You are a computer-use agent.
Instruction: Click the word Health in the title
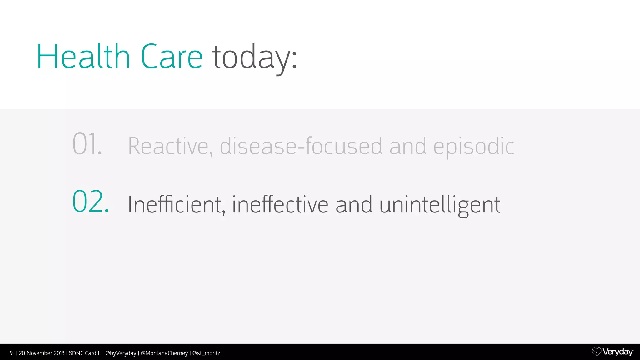click(x=83, y=57)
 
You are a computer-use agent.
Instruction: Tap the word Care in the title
click(x=172, y=57)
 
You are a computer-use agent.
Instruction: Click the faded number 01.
click(x=87, y=144)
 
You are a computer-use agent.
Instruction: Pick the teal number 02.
click(x=91, y=202)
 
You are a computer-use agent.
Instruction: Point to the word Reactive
click(x=170, y=146)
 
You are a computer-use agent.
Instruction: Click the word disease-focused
click(x=301, y=146)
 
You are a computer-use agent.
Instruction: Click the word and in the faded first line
click(x=407, y=146)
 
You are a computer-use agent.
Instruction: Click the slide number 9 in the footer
click(x=11, y=353)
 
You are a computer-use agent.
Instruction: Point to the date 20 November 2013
click(x=42, y=353)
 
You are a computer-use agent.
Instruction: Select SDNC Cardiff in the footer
click(x=85, y=353)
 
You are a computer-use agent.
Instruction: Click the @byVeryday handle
click(x=121, y=353)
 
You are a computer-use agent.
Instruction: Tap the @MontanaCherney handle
click(x=164, y=353)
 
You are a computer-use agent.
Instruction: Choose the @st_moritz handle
click(x=206, y=353)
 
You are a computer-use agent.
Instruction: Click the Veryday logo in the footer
click(x=612, y=352)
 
